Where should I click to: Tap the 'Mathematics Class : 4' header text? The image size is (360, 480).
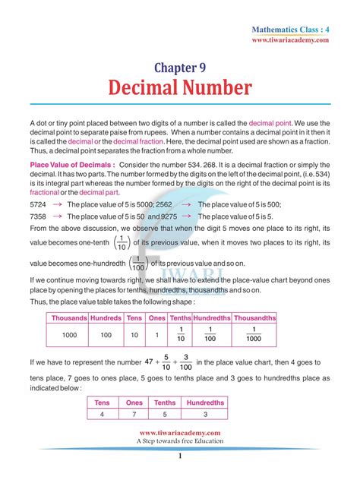tap(292, 29)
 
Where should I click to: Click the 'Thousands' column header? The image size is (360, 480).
tap(68, 317)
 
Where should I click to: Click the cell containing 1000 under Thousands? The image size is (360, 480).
tap(68, 335)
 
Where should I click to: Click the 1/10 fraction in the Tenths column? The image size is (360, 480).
tap(181, 335)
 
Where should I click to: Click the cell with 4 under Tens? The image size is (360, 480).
tap(101, 415)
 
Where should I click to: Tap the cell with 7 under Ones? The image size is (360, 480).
tap(133, 415)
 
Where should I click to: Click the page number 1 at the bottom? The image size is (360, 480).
tap(180, 456)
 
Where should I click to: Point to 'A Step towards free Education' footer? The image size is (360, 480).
tap(180, 441)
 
